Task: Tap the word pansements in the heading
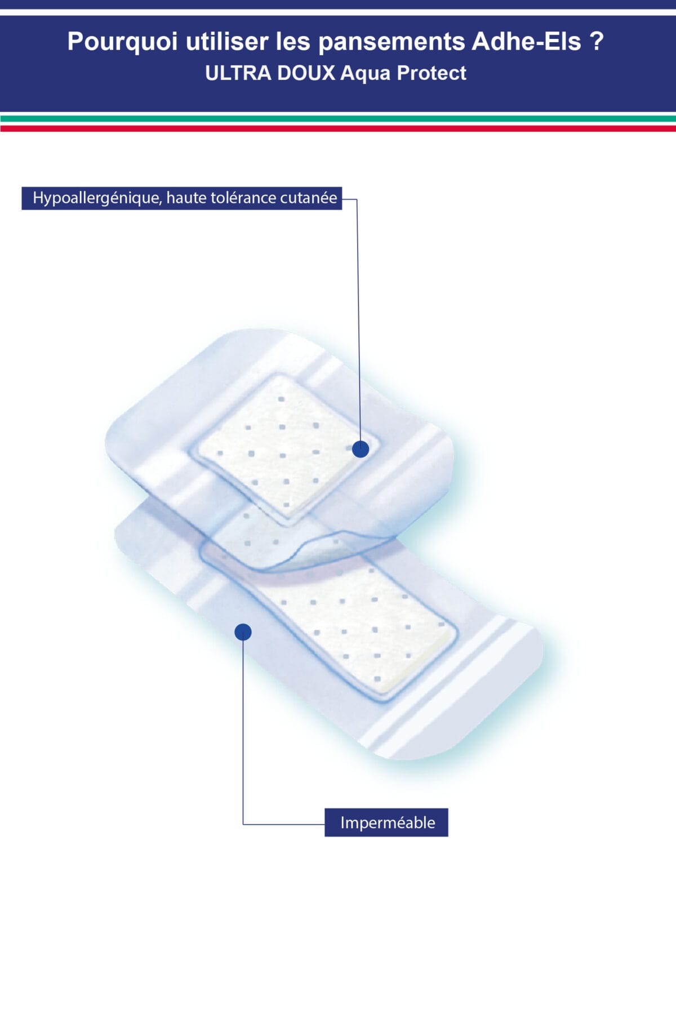coord(392,42)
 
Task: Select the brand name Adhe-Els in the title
coord(526,42)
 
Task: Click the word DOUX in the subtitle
coord(306,73)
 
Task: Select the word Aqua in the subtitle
coord(365,73)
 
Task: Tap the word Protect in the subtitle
coord(432,73)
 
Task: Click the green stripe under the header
coord(338,119)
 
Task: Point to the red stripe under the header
coord(338,128)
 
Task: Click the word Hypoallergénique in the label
coord(96,198)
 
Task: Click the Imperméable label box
coord(387,822)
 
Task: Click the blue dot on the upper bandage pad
coord(361,449)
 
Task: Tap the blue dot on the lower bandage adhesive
coord(243,632)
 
